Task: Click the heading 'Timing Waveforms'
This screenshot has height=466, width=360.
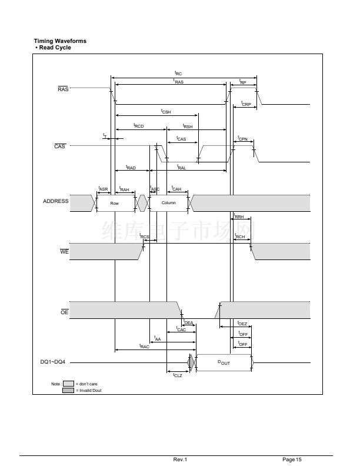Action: click(61, 41)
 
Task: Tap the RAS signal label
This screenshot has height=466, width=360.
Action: click(63, 89)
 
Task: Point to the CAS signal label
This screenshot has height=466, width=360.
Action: click(59, 147)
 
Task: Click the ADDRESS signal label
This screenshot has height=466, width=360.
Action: click(56, 201)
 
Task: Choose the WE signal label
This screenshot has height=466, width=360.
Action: click(65, 252)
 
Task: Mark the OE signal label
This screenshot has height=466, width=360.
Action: click(65, 312)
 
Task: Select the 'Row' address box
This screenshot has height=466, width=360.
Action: click(115, 203)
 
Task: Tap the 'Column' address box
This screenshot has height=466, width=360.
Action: click(168, 203)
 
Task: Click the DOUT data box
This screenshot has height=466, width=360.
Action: click(224, 363)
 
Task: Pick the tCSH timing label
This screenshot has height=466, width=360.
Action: click(166, 111)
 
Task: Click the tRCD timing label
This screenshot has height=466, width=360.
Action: click(138, 126)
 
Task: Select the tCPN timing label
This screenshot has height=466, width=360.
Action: click(242, 139)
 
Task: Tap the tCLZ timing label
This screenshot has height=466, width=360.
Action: click(177, 375)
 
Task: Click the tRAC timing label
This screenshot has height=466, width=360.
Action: click(144, 347)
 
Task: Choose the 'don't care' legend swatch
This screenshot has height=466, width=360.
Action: click(68, 383)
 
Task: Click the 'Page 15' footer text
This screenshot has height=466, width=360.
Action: click(292, 459)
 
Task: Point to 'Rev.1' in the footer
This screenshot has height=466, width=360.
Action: click(180, 459)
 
